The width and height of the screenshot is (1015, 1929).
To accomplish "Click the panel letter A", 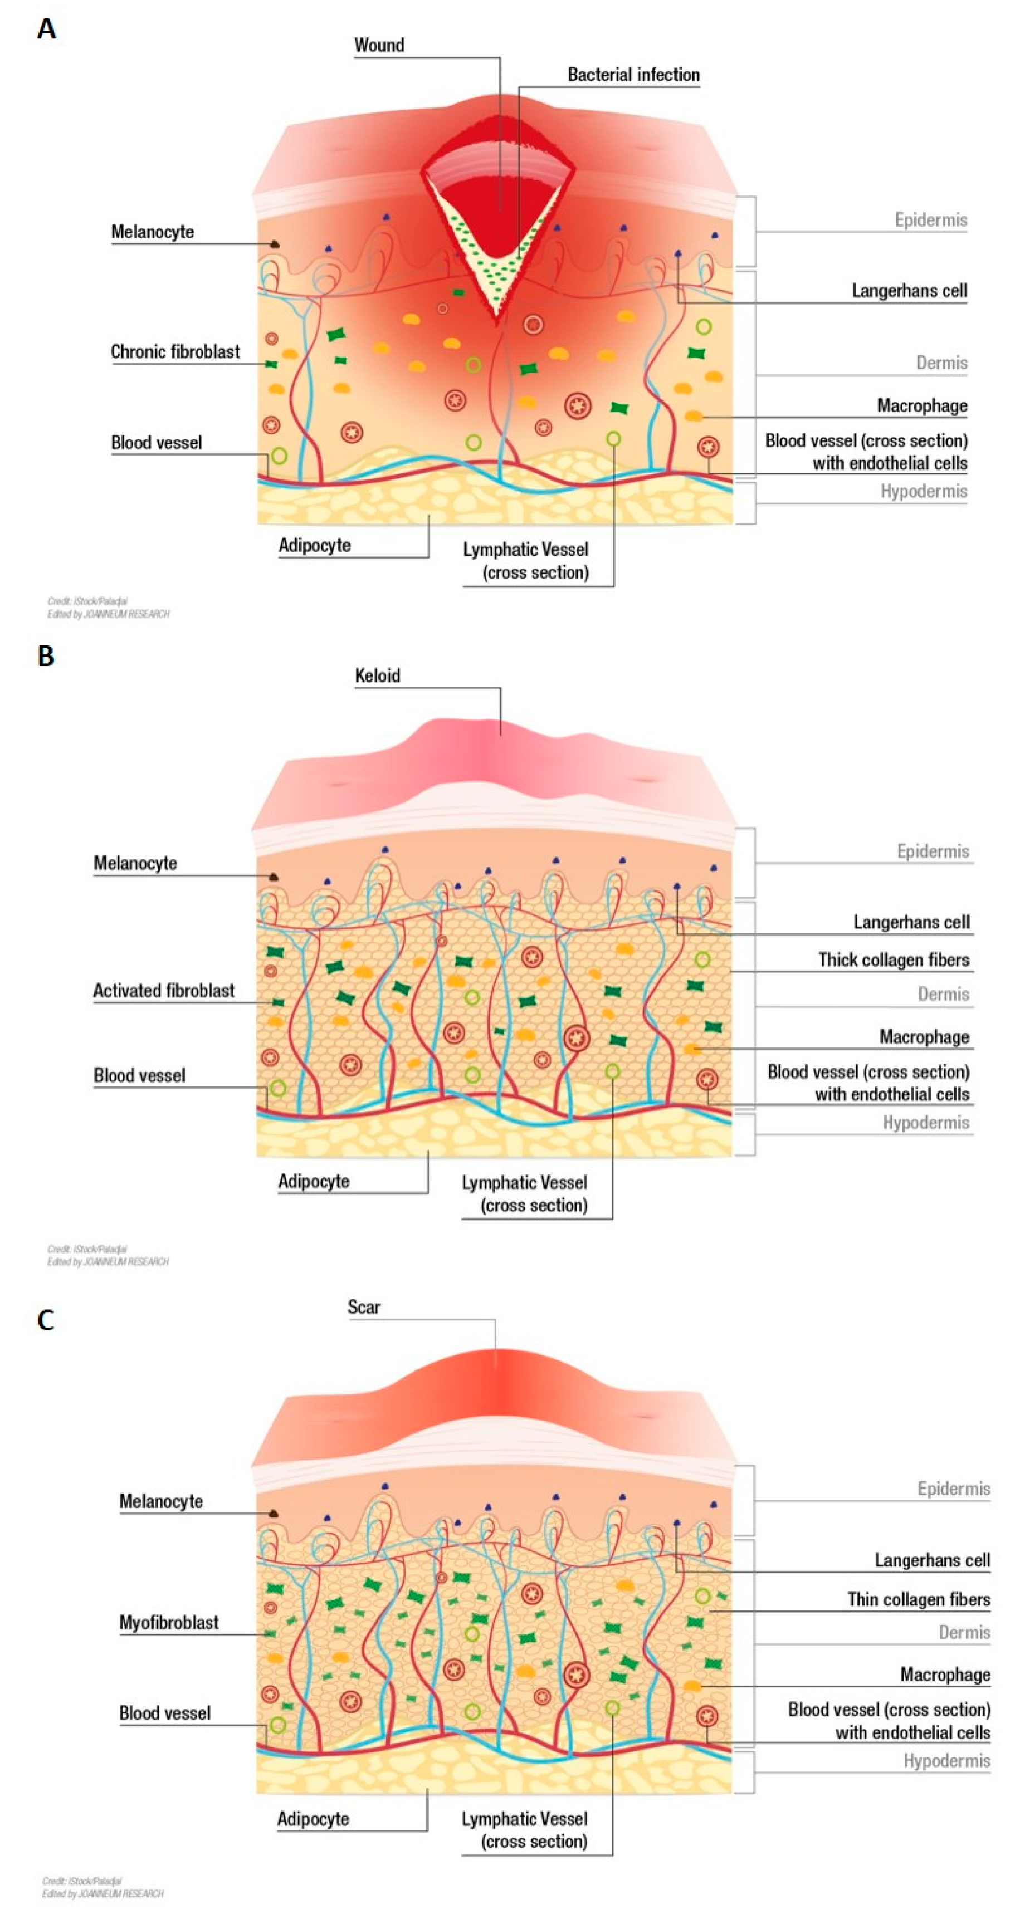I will (x=46, y=29).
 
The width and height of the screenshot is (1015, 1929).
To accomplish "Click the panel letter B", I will (x=46, y=656).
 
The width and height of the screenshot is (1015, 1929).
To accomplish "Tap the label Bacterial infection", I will (x=633, y=75).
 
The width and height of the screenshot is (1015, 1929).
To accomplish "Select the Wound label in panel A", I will (x=379, y=46).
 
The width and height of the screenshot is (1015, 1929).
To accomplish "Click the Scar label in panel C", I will (x=363, y=1307).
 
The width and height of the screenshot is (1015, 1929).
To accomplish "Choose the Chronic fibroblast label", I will (x=175, y=351).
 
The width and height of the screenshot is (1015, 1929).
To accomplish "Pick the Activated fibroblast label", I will (x=163, y=990).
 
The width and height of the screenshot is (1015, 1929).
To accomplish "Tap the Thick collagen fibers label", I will (x=893, y=959).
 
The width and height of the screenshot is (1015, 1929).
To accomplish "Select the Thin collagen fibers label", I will (x=919, y=1599).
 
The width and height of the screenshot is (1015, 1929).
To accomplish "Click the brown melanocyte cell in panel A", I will (x=275, y=244).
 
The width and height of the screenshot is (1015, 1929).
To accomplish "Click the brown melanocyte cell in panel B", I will (x=274, y=876).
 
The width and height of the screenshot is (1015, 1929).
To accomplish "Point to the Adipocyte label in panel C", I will (x=313, y=1818).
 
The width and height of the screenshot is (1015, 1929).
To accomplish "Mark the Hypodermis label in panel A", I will (x=923, y=491).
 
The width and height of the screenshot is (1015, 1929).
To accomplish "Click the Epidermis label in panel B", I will (x=933, y=851).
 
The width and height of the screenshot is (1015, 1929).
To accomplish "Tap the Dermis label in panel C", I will (x=964, y=1632).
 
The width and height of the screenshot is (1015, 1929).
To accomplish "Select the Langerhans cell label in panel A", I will (x=909, y=291).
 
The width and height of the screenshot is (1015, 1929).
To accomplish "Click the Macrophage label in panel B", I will (x=924, y=1036).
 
